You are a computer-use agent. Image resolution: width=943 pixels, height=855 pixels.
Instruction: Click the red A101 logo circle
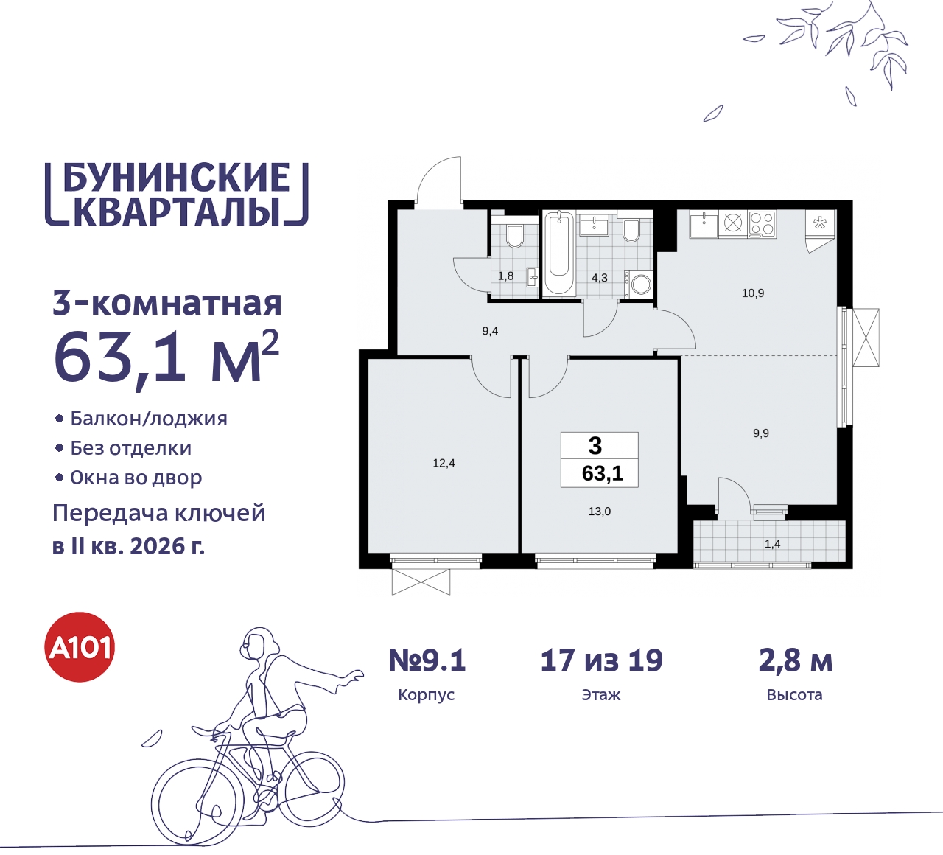coord(80,647)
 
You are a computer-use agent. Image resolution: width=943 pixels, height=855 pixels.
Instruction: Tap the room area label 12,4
coord(444,464)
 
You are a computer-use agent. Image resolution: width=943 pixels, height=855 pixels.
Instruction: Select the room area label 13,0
coord(599,512)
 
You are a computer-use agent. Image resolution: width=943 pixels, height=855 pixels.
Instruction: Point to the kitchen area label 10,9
coord(752,293)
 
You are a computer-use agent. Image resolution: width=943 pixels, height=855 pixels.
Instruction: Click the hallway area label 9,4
coord(490,332)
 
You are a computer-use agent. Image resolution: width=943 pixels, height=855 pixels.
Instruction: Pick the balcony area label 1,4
coord(772,545)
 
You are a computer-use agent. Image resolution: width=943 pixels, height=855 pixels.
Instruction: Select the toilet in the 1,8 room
coord(514,237)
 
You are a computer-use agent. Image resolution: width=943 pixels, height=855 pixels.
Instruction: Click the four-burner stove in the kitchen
coord(762,223)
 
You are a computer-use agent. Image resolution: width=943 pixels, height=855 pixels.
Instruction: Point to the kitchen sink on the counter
coord(704,223)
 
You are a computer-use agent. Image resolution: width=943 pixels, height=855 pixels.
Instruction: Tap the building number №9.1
coord(427,660)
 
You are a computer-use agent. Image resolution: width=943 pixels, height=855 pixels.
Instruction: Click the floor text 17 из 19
coord(601,660)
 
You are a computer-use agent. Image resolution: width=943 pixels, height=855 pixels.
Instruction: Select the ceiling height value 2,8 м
coord(795,660)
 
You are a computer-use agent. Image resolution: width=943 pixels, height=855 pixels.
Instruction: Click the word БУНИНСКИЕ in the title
coord(177,178)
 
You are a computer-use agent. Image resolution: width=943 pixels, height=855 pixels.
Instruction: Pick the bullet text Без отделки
coord(130,448)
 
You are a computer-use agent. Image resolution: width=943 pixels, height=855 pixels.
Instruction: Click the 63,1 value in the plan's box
coord(602,473)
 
